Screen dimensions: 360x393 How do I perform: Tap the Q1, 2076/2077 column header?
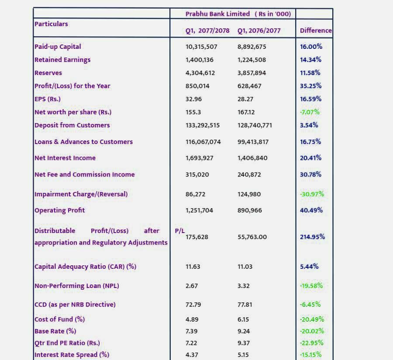(259, 31)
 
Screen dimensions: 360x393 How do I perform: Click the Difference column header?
(316, 31)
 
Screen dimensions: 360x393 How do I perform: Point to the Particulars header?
(51, 24)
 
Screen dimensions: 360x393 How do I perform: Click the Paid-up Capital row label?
(58, 47)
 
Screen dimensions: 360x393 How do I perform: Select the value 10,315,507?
(201, 47)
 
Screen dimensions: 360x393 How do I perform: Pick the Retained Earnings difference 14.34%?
(311, 60)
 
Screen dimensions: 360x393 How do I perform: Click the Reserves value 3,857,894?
(252, 73)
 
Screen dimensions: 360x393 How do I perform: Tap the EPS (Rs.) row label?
(48, 99)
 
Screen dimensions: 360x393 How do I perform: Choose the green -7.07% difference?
(310, 112)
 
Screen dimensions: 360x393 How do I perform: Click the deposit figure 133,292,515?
(203, 125)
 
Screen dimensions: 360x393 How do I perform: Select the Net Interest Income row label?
(65, 158)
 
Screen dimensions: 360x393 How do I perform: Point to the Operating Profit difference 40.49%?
(311, 210)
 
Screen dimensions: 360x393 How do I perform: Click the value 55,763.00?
(252, 237)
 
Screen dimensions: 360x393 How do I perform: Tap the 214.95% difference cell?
(313, 237)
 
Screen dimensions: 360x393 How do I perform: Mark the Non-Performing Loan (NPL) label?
(77, 286)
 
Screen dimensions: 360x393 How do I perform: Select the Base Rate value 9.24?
(243, 331)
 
